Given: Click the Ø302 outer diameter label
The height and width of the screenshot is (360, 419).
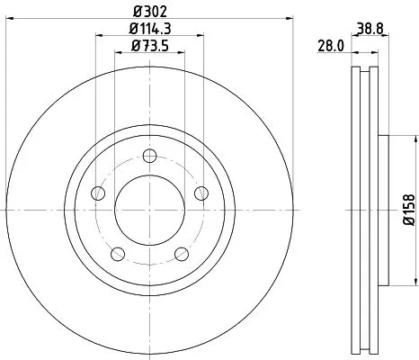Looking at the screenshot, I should point(149,11).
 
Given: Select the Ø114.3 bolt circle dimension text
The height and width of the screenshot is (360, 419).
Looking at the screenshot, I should point(149,31).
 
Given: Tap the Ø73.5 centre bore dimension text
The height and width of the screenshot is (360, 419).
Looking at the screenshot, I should point(149,46).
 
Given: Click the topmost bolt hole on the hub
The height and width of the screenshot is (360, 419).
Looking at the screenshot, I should point(149,154).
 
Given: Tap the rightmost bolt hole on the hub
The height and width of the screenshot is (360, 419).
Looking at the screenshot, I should point(201,192).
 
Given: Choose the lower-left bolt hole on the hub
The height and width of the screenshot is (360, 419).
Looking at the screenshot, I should point(118,252).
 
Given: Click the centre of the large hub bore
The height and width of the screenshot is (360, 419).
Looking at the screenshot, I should point(149,208).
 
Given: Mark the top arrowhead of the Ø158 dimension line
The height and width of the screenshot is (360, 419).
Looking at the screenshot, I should point(415,139).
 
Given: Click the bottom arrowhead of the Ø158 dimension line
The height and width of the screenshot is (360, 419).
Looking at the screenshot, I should point(415,279).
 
